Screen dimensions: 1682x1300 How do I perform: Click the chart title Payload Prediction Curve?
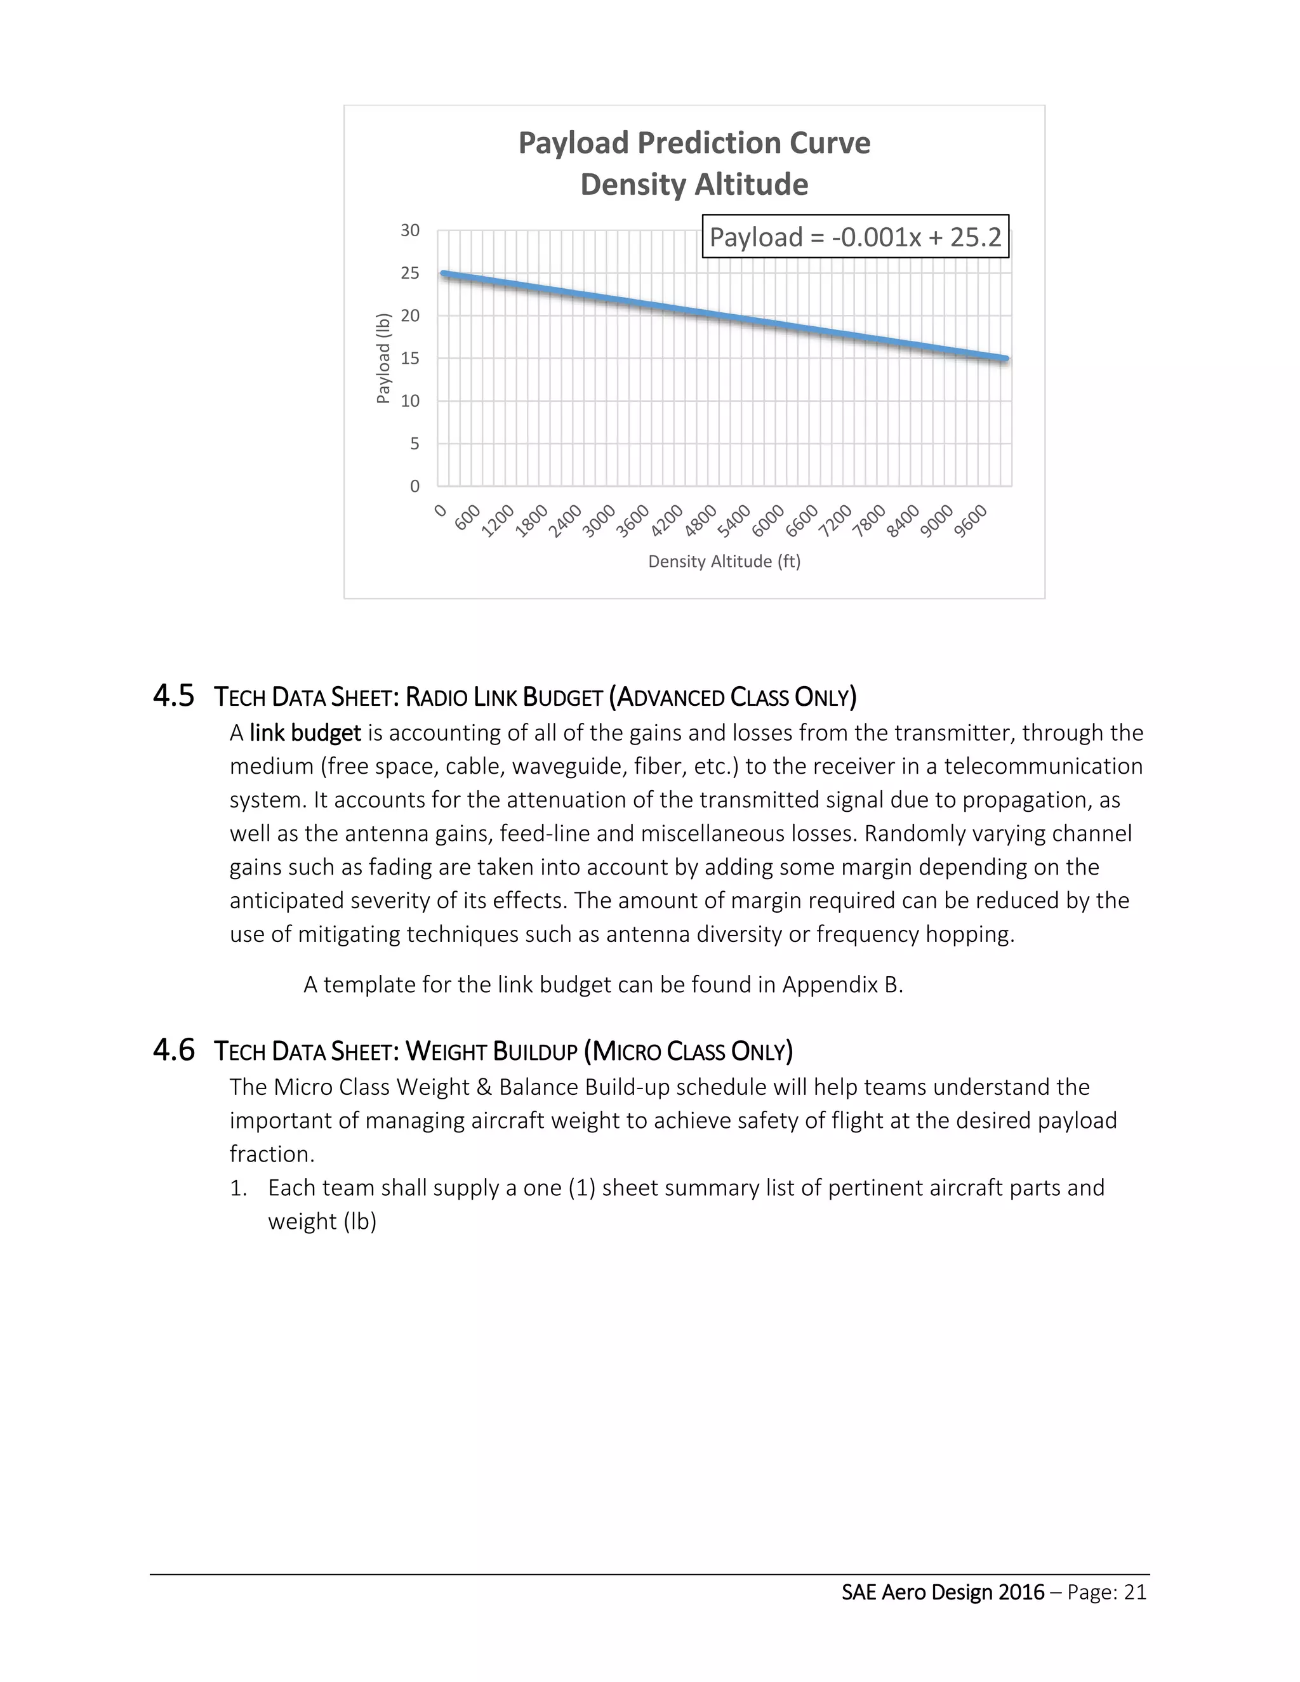click(694, 143)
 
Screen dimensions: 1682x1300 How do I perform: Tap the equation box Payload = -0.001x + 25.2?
click(855, 237)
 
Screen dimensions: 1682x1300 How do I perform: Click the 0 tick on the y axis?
click(415, 486)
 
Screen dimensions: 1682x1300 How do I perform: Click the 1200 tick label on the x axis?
click(498, 521)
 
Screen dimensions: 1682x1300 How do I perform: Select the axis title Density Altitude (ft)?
click(724, 562)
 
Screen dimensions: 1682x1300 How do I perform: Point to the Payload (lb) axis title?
click(383, 358)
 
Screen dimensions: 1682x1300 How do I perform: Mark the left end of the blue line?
click(443, 274)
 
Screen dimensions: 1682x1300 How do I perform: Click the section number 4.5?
click(173, 696)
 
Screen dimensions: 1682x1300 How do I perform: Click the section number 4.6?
click(173, 1050)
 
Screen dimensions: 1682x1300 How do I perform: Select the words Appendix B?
click(842, 985)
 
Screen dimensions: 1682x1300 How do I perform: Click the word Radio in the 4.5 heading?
click(436, 698)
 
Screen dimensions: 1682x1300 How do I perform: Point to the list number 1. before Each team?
click(239, 1188)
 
